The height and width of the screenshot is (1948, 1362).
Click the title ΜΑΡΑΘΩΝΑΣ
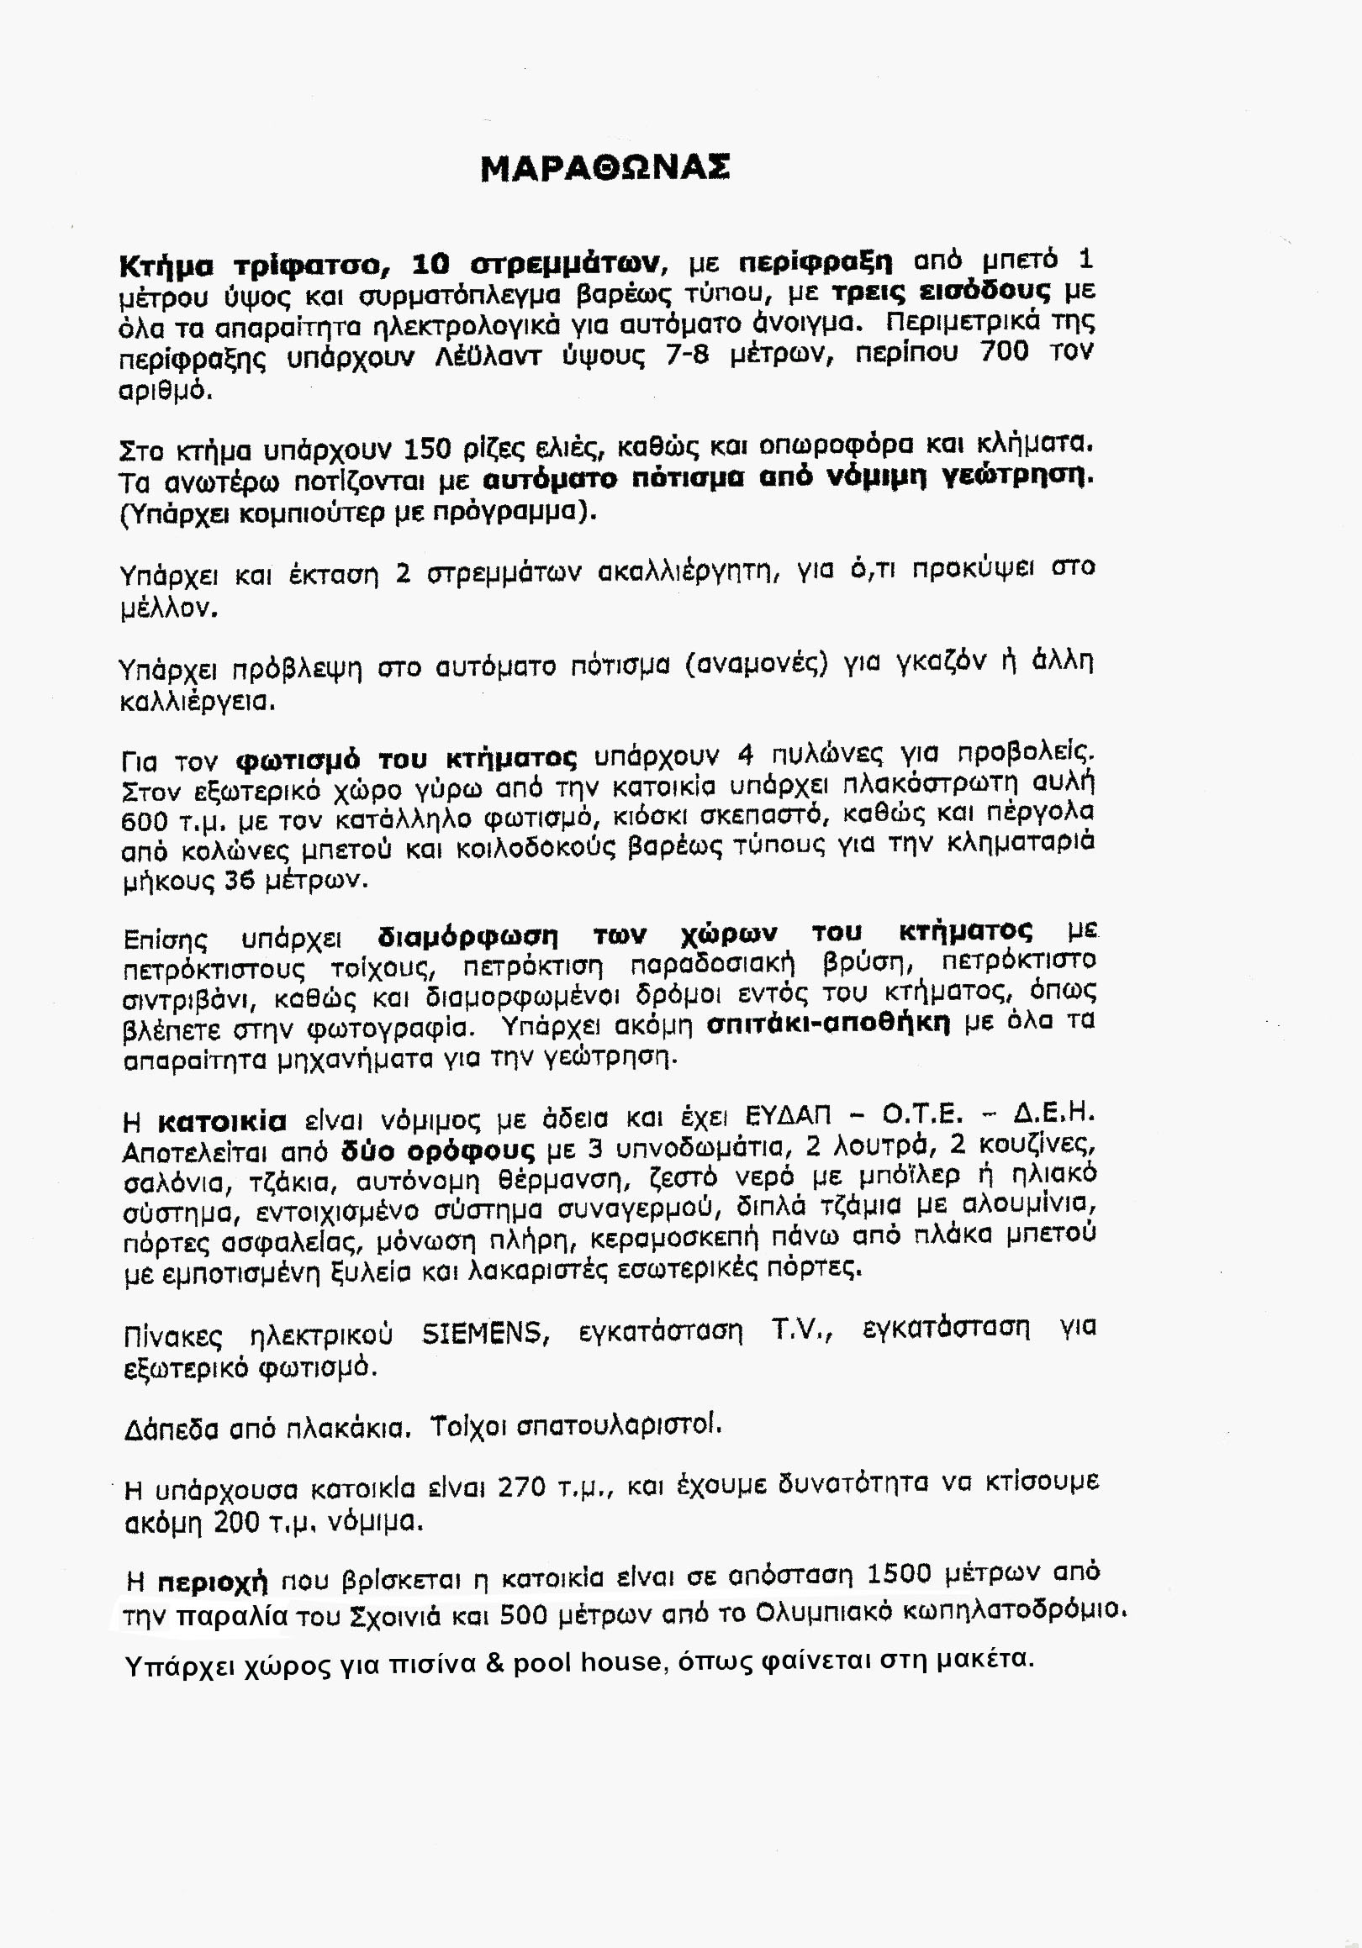point(604,168)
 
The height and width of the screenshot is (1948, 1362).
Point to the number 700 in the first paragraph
point(1004,351)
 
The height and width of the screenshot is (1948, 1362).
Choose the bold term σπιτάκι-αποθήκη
point(827,1025)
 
